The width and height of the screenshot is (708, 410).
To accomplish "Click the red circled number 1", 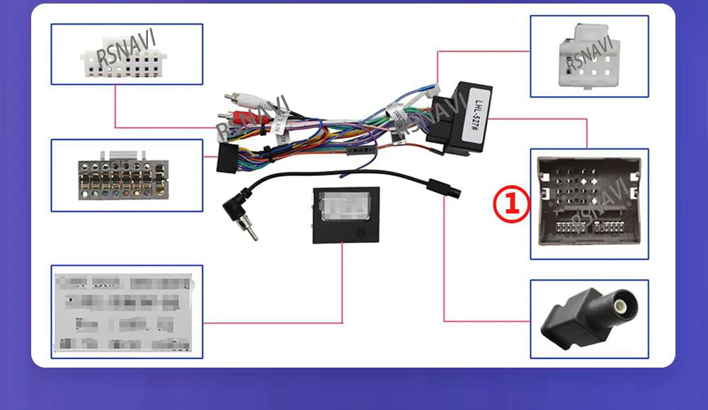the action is point(511,205).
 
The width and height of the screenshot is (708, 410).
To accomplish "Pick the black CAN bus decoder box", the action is point(346,215).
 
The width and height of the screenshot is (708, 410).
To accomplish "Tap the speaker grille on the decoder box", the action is point(361,232).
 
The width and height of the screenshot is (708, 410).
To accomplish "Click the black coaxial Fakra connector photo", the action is point(588,318).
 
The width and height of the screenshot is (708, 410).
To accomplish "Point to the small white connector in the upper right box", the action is point(590,56).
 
